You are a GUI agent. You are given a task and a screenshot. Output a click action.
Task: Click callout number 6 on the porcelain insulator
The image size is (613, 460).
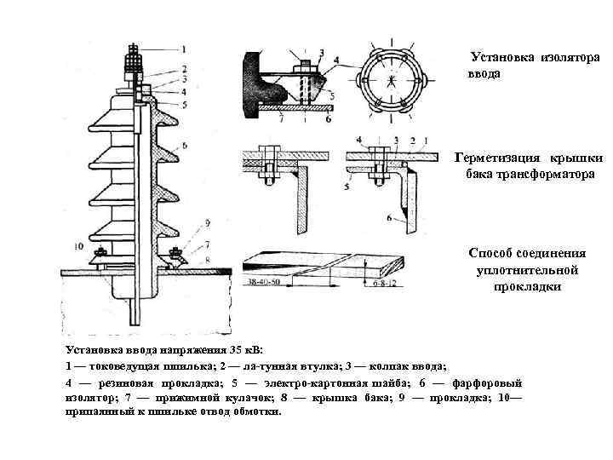[184, 146]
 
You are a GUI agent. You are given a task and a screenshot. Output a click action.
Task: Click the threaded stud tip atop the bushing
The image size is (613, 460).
[132, 49]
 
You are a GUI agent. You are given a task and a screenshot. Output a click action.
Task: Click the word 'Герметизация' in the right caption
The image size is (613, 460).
[497, 158]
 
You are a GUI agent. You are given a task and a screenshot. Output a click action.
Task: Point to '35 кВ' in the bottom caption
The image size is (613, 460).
[243, 350]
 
